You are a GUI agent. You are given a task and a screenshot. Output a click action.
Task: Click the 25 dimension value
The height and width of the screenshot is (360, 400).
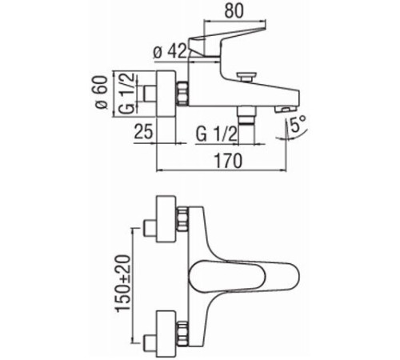point(144,132)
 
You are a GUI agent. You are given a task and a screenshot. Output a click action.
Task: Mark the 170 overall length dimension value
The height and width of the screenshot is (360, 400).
point(227,161)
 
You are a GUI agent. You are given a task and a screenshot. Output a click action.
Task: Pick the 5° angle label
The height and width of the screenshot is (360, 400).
point(298,125)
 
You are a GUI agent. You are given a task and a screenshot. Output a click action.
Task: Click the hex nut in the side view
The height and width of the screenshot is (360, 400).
point(183,95)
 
